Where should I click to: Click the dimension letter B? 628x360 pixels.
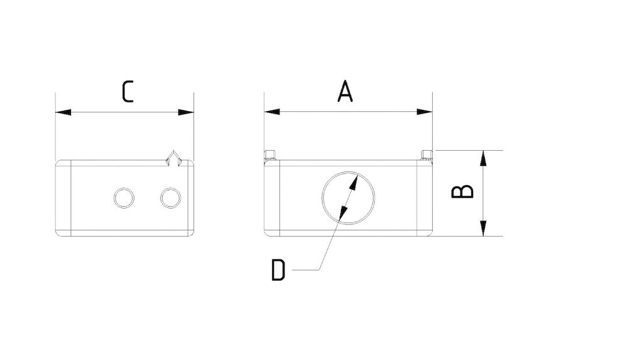click(463, 192)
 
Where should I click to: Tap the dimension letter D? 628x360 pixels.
click(278, 270)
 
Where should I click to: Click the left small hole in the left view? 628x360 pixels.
click(124, 198)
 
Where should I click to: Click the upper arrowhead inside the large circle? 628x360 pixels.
click(355, 180)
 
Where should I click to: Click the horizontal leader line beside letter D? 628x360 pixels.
click(307, 270)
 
